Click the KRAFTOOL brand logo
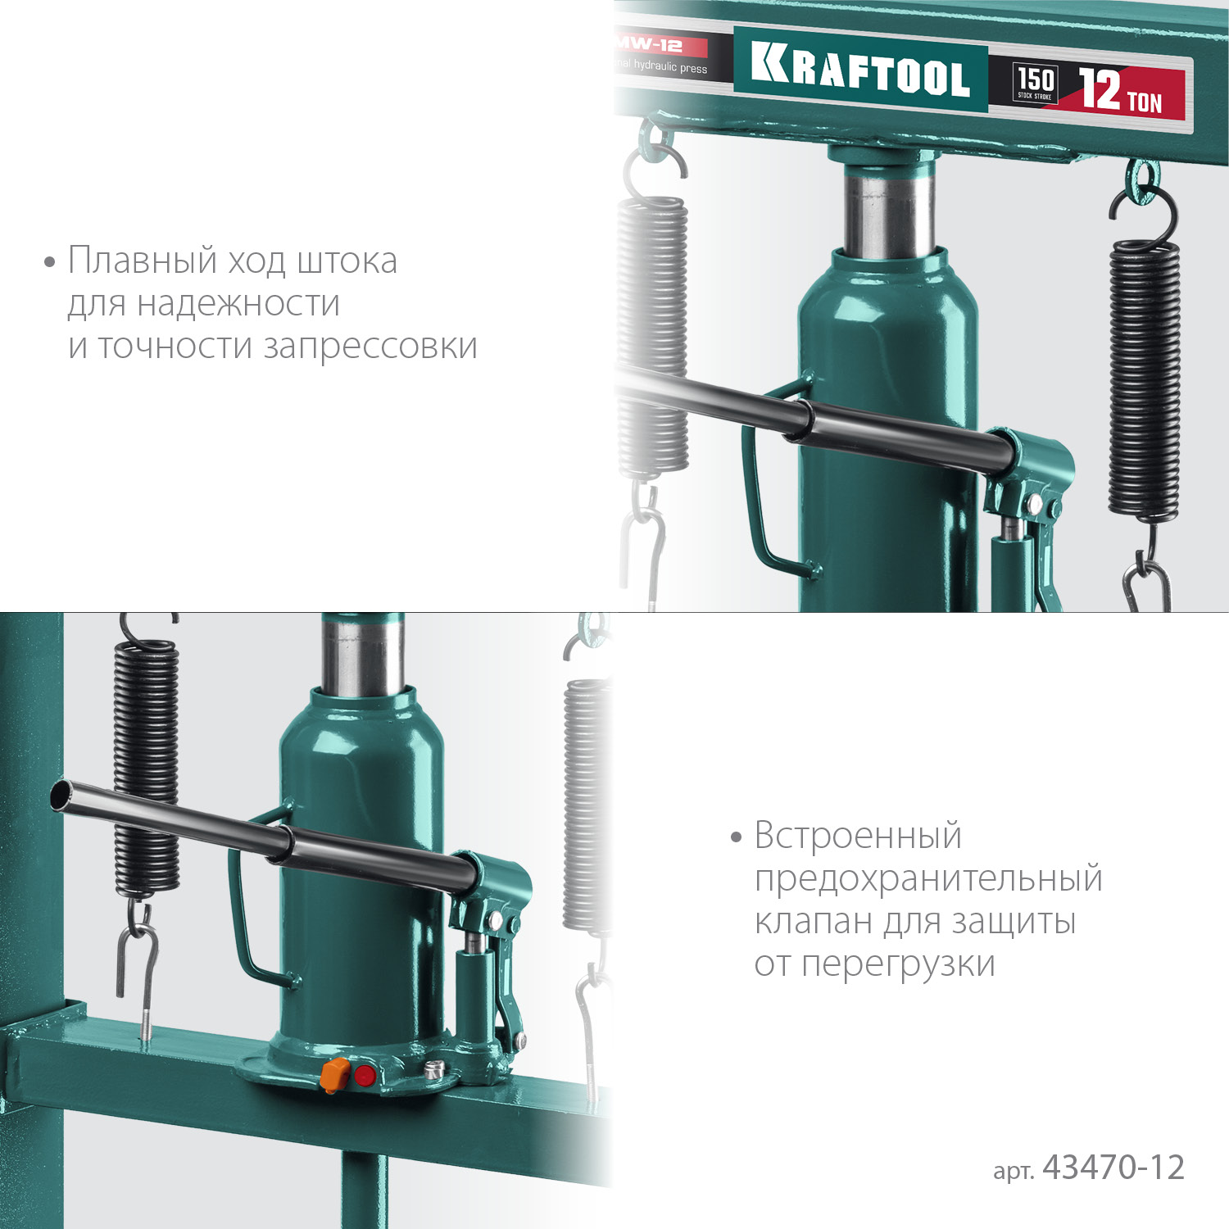(x=860, y=71)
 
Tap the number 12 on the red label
(x=1100, y=88)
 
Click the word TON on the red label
(x=1145, y=102)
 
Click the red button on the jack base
(x=365, y=1076)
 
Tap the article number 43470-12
(x=1113, y=1168)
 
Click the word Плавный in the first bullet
(x=143, y=261)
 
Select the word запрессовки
(x=370, y=347)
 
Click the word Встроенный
(x=858, y=836)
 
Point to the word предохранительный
(x=928, y=878)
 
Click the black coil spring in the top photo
(x=1145, y=377)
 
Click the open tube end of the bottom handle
(x=60, y=795)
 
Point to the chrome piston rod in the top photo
(x=888, y=209)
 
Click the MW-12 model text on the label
(x=650, y=45)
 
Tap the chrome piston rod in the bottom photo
(x=362, y=655)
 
